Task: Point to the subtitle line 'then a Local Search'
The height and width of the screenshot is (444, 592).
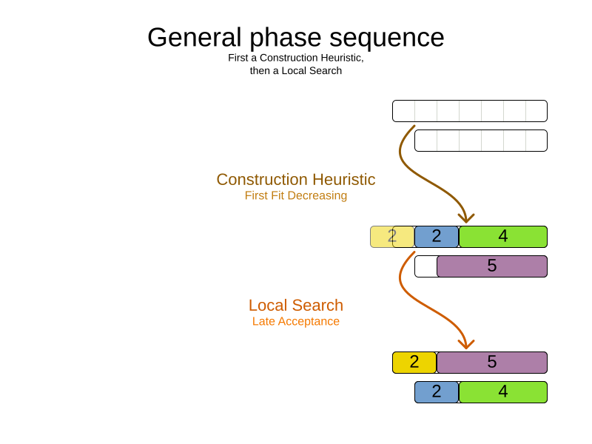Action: pos(296,71)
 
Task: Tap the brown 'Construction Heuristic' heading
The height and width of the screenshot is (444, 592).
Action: pos(296,180)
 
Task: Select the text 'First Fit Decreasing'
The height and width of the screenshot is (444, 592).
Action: pos(296,196)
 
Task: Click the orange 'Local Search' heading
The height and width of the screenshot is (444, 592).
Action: pos(296,306)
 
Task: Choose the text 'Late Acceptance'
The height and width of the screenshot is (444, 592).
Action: pos(296,322)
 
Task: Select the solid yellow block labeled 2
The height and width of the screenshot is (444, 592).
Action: pos(414,363)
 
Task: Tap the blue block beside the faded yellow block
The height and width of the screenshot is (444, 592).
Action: pos(437,237)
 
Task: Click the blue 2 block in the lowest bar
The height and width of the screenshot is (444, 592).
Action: pos(437,392)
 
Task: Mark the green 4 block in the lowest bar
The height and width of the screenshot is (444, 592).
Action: pos(503,392)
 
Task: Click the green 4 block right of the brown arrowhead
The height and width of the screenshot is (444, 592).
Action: pos(503,237)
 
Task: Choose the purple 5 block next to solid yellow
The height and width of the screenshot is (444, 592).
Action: pos(492,363)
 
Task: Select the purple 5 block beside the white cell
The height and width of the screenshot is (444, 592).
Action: pos(492,266)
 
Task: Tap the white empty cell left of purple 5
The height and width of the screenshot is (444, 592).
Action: pos(425,266)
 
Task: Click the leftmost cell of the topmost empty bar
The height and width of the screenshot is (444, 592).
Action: pos(404,111)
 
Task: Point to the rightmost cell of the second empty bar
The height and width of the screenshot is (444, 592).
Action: pos(536,141)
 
